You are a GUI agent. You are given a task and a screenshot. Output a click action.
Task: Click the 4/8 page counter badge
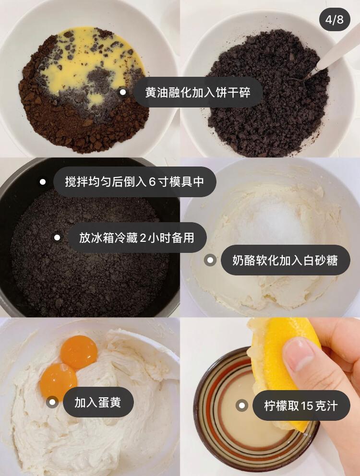[x=335, y=19]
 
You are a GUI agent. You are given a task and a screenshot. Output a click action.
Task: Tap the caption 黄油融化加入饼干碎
[x=198, y=92]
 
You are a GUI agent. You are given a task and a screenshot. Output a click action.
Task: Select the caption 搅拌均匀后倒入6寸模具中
[x=134, y=182]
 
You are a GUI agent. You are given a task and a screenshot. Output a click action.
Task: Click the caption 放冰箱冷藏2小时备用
[x=137, y=238]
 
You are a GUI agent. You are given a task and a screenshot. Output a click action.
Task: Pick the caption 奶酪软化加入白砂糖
[x=285, y=260]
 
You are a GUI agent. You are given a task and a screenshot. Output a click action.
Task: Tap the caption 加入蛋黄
[x=98, y=402]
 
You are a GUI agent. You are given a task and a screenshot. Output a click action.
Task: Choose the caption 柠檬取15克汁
[x=301, y=405]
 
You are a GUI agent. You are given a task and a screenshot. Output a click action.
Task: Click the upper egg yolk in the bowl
[x=79, y=352]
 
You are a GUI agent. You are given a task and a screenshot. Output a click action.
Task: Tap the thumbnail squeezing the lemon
[x=270, y=397]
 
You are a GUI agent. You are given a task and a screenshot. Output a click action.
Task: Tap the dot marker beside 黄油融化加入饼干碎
[x=123, y=92]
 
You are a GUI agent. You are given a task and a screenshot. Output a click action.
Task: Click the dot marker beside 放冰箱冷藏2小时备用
[x=57, y=238]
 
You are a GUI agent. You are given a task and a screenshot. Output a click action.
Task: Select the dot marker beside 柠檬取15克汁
[x=242, y=405]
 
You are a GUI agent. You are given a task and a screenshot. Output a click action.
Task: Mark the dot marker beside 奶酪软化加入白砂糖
[x=210, y=260]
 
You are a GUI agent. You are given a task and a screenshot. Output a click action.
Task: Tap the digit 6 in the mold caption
[x=152, y=182]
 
